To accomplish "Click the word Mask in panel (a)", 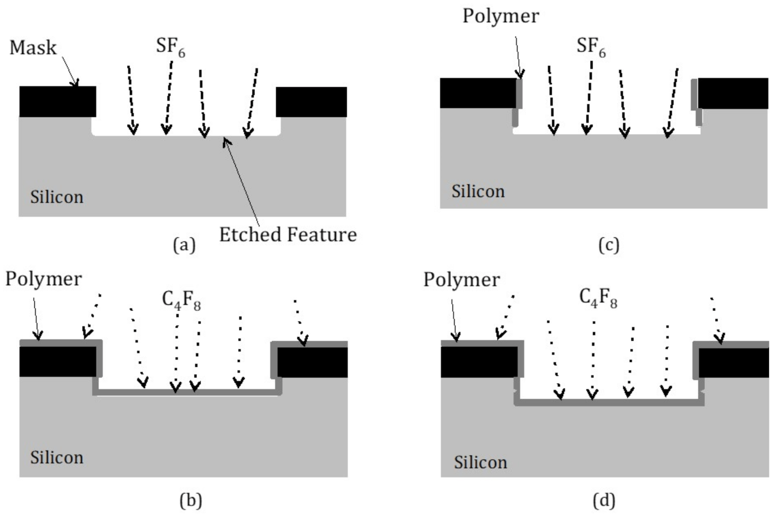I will (33, 47).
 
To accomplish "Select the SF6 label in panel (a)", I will (170, 47).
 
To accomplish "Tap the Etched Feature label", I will (288, 234).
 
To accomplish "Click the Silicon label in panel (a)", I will (56, 197).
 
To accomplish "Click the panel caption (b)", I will (190, 500).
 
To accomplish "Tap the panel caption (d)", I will (604, 500).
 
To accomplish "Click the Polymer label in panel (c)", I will (500, 16).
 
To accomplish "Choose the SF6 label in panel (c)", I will (591, 47).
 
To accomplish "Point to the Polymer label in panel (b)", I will (43, 279).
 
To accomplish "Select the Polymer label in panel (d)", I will (462, 279).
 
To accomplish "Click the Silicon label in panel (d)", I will (480, 462).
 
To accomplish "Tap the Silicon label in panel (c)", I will (478, 191).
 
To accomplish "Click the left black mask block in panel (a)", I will (57, 102).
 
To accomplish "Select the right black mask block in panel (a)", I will (311, 102).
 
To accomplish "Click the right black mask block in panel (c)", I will (733, 94).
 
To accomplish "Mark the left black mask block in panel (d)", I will (479, 362).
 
